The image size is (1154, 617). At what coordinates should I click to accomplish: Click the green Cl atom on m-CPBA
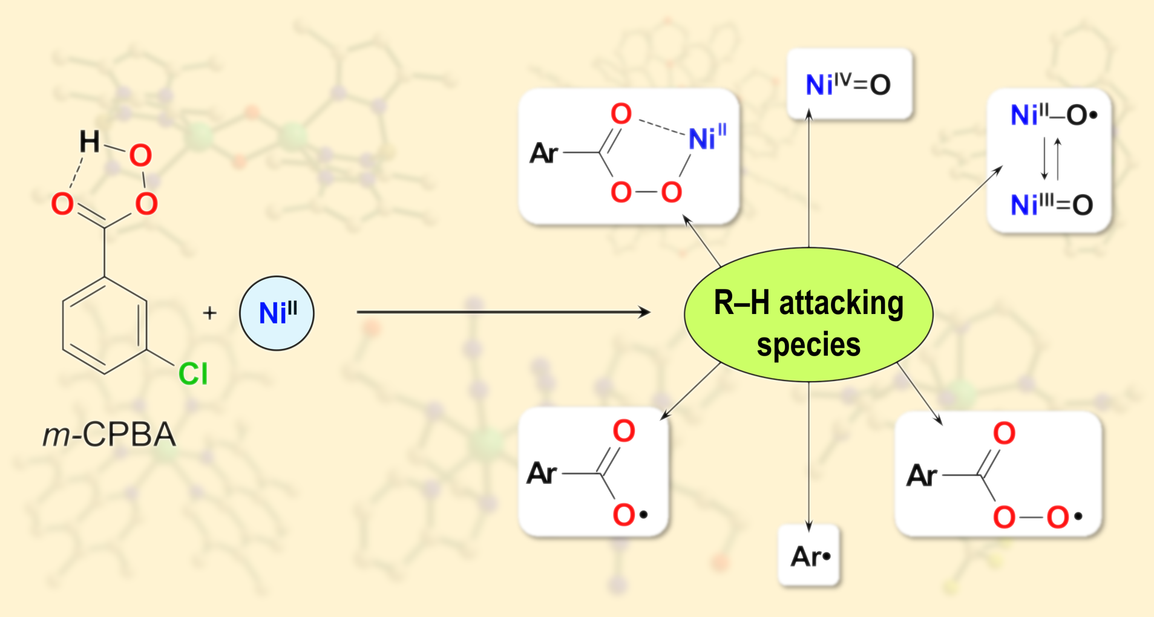193,374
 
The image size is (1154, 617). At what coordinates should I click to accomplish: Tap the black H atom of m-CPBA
90,142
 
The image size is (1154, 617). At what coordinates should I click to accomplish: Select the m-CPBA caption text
110,434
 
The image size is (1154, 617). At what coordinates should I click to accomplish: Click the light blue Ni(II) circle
277,313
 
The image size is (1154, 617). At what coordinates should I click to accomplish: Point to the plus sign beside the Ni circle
209,313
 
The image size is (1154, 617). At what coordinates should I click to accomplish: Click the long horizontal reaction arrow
502,312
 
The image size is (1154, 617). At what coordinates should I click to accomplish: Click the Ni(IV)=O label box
848,84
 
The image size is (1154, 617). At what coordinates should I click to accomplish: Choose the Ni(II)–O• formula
1053,115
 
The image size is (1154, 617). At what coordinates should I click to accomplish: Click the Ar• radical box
810,556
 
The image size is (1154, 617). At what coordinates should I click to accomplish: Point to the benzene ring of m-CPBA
105,325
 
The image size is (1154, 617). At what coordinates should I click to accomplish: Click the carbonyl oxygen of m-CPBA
62,204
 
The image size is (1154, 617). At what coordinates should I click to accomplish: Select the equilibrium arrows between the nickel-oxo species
1051,159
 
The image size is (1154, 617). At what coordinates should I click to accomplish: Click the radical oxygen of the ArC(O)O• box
625,515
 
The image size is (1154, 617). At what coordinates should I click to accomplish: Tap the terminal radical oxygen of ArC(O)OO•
1058,517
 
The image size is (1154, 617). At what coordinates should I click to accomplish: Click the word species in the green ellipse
808,345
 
